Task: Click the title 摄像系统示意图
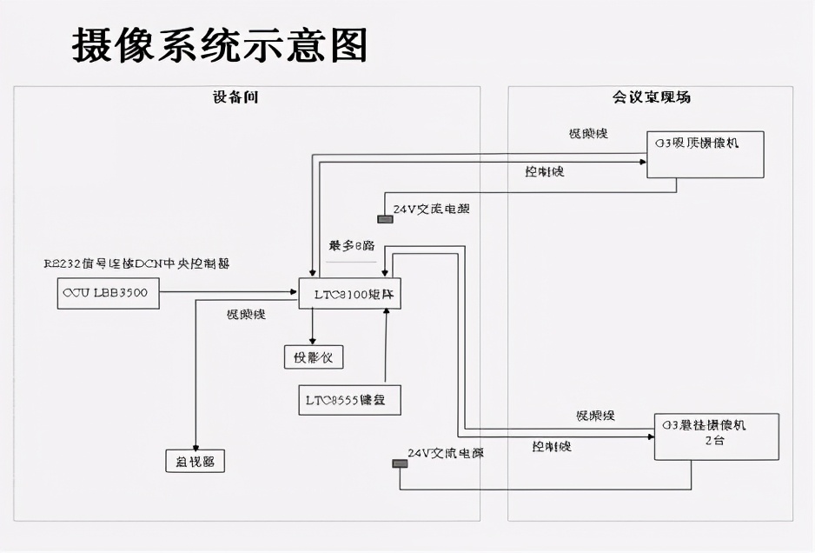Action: [x=219, y=45]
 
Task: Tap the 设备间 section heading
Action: [x=235, y=97]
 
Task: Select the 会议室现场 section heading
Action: [x=652, y=97]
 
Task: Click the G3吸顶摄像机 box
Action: [x=706, y=155]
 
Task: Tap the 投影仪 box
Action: [x=314, y=356]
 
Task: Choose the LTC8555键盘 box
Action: [x=349, y=400]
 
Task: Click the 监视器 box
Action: [x=195, y=460]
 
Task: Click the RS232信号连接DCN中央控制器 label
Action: [x=136, y=263]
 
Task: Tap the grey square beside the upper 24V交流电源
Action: [x=385, y=218]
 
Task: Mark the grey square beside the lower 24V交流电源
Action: [x=400, y=463]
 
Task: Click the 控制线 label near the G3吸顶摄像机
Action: [x=545, y=172]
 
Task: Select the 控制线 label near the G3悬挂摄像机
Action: [x=552, y=446]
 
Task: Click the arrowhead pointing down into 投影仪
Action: [x=314, y=340]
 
